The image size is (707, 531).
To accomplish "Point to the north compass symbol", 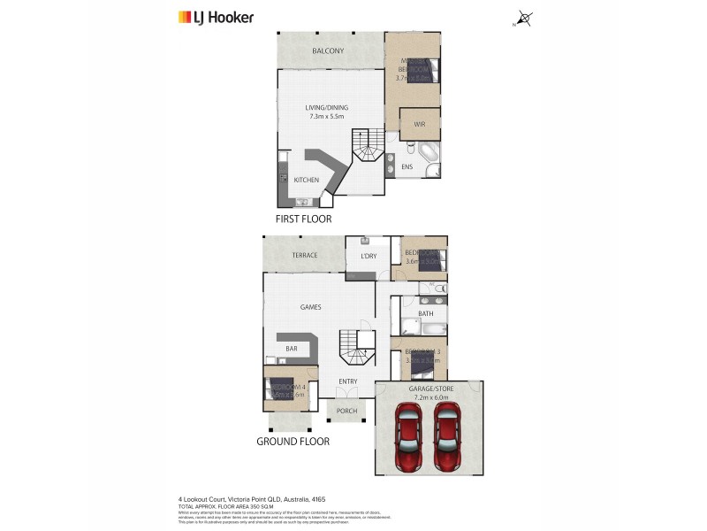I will (525, 17).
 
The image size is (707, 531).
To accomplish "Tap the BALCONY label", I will (327, 51).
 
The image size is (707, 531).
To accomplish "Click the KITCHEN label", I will (306, 181).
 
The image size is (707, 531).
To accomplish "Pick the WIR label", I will (419, 125).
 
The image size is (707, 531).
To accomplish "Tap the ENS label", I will (407, 166).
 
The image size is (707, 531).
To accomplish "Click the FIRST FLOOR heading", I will (303, 218).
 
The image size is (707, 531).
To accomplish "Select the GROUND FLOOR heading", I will (293, 441).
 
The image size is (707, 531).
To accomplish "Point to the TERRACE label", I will (304, 256).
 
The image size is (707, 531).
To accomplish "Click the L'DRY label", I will (369, 257).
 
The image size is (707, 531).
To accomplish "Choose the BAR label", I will (290, 349).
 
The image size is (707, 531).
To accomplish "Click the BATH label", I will (425, 313).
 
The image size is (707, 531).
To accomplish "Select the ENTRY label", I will (347, 381).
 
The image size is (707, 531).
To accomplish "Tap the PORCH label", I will (346, 411).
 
